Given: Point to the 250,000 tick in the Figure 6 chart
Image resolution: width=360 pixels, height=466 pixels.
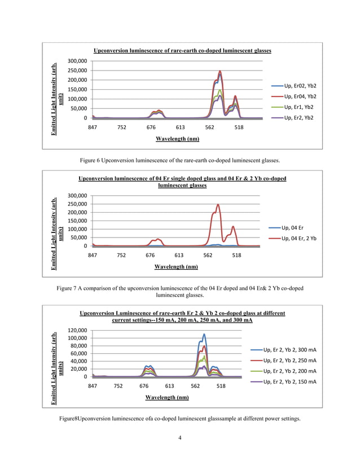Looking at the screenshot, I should [x=77, y=71].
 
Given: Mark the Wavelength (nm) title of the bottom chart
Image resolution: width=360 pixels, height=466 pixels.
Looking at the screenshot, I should [x=167, y=397].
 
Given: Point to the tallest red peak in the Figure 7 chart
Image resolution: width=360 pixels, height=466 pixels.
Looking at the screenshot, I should [x=218, y=205].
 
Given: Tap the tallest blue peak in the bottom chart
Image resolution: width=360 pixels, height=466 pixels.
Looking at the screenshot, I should [x=204, y=335].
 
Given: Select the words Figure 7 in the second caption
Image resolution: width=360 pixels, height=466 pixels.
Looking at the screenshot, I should [x=70, y=288].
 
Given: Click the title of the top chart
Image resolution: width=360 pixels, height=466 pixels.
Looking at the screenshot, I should [x=182, y=50].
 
